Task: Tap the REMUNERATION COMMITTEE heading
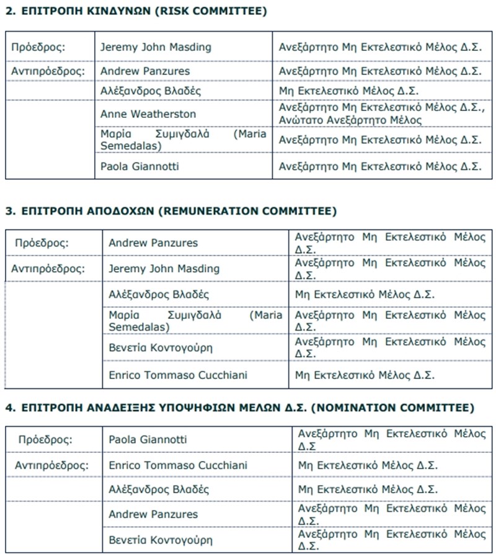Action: [247, 211]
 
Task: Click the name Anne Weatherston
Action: [148, 114]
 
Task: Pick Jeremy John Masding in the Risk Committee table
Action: [156, 47]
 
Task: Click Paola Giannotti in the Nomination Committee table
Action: [147, 440]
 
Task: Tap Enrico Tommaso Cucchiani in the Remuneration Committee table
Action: [178, 375]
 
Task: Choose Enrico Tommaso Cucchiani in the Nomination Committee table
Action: [178, 465]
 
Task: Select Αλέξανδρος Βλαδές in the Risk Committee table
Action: [142, 91]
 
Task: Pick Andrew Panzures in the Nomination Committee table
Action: [153, 514]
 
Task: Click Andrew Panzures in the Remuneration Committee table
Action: [153, 243]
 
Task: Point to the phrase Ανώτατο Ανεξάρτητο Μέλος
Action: [350, 120]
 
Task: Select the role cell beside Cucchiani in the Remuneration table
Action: [365, 375]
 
